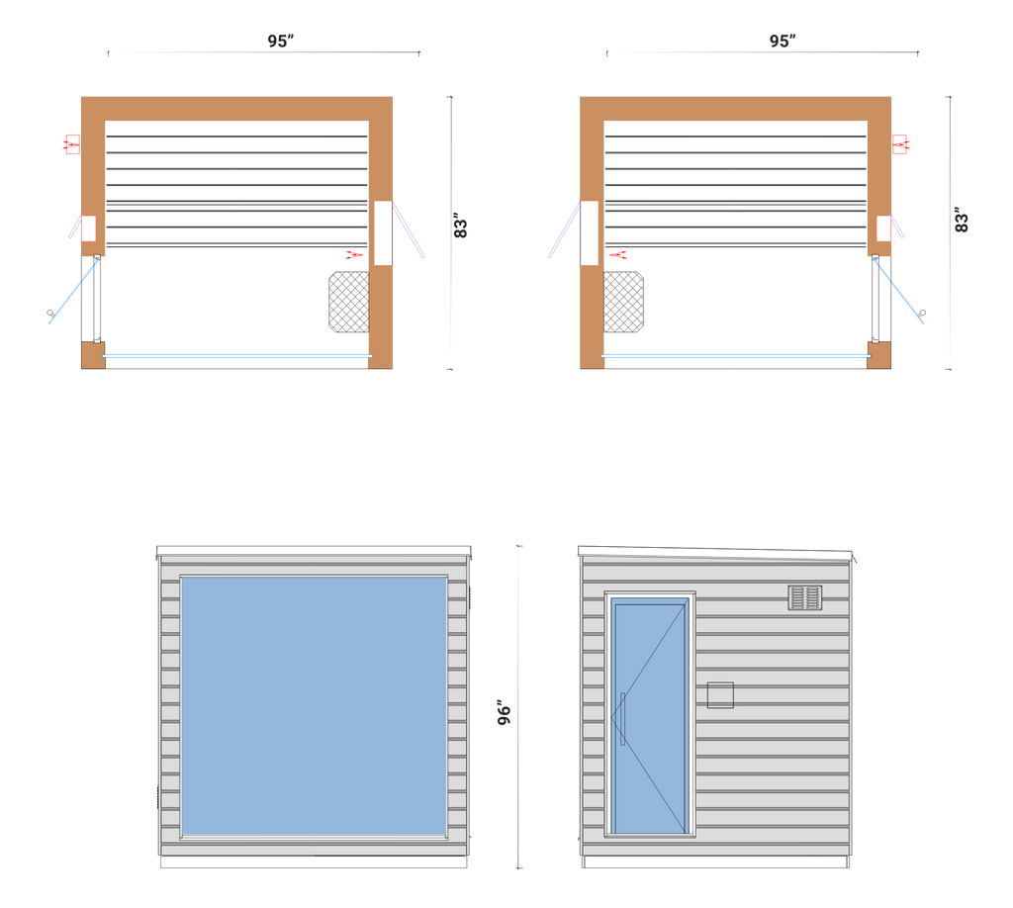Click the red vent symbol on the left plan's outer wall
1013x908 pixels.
click(x=70, y=144)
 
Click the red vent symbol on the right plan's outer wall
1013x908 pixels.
click(x=901, y=144)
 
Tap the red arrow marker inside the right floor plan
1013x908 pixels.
click(x=618, y=255)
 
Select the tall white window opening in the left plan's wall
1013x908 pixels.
click(x=383, y=232)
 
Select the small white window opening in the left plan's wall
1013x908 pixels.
click(x=88, y=228)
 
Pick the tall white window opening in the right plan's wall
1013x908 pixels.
click(x=589, y=232)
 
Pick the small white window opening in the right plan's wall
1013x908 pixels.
click(x=883, y=228)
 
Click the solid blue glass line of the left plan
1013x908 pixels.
click(x=237, y=355)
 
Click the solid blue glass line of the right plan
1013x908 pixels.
click(x=737, y=355)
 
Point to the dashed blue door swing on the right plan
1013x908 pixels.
click(x=901, y=292)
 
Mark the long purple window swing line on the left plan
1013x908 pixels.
click(x=411, y=230)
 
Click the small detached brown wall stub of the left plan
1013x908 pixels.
click(x=92, y=355)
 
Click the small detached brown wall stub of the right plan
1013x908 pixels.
click(x=878, y=355)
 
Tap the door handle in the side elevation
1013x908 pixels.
click(x=622, y=719)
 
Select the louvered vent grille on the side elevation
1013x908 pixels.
click(x=804, y=597)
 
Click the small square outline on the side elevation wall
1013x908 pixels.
click(x=720, y=695)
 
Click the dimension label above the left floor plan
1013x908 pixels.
click(x=280, y=42)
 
